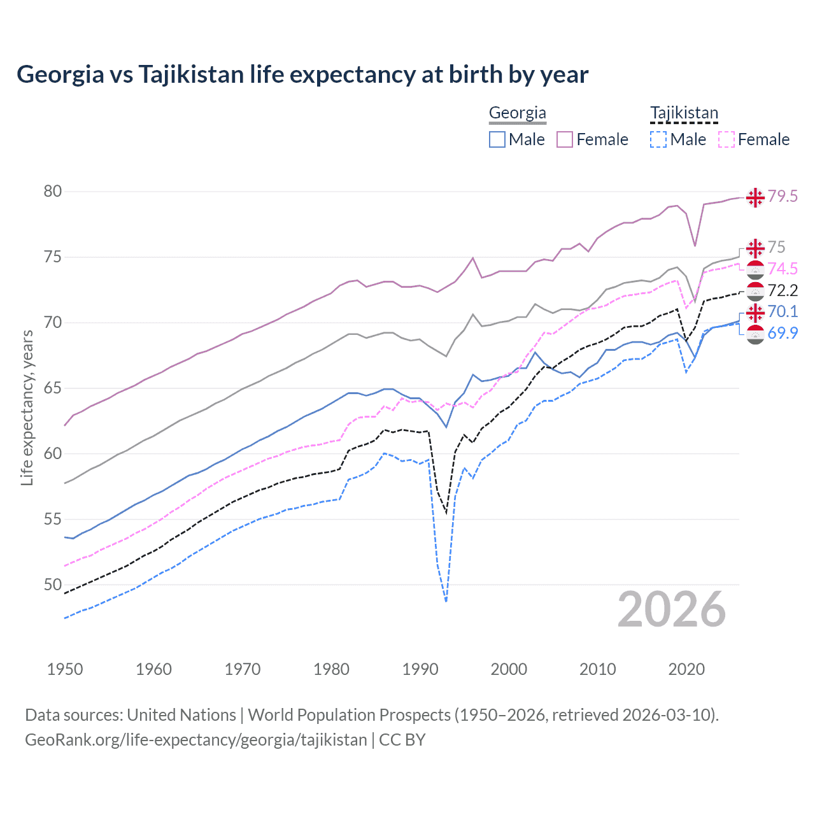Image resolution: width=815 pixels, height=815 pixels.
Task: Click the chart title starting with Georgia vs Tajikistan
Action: click(x=302, y=74)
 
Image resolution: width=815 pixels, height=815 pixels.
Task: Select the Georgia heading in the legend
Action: click(x=517, y=113)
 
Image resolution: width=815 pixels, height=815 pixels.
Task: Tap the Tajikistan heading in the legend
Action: click(x=684, y=113)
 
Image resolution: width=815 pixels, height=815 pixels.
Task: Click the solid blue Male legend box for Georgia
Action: click(x=497, y=139)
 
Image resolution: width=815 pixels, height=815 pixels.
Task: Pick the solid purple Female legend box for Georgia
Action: click(x=565, y=139)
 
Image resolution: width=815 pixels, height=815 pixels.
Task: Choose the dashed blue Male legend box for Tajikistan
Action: click(x=658, y=139)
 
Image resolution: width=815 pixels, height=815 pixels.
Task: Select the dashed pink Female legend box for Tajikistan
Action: click(x=726, y=139)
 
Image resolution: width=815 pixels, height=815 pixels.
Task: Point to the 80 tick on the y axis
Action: click(x=53, y=192)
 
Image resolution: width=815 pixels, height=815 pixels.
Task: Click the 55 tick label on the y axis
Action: click(x=53, y=520)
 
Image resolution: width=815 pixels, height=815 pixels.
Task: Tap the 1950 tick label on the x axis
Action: click(x=65, y=669)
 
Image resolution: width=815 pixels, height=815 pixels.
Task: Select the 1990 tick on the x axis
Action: click(x=420, y=669)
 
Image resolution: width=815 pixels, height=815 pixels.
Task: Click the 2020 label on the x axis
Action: click(x=686, y=669)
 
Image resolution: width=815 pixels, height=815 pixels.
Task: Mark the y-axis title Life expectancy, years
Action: click(x=27, y=407)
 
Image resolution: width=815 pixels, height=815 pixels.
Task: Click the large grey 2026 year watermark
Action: click(x=671, y=609)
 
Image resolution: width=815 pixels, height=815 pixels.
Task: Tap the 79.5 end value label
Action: click(x=783, y=197)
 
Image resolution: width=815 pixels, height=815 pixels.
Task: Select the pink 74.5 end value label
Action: click(x=783, y=269)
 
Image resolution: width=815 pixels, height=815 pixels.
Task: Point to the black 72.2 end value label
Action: click(x=783, y=291)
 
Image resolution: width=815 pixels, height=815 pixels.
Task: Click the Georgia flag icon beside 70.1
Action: click(x=755, y=313)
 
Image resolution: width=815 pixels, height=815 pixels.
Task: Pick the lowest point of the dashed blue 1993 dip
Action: click(x=446, y=601)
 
